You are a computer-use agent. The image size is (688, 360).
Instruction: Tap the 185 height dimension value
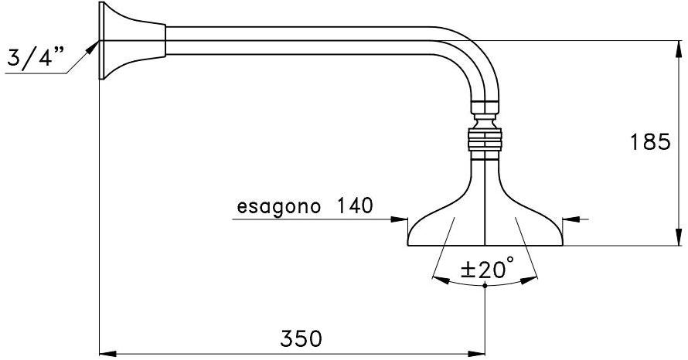(x=649, y=143)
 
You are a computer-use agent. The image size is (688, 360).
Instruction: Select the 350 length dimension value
(x=300, y=339)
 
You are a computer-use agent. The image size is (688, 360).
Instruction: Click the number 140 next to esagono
(x=354, y=206)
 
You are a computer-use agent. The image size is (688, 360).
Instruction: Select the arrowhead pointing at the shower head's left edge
(x=400, y=219)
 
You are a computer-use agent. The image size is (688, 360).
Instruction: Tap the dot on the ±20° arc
(x=485, y=286)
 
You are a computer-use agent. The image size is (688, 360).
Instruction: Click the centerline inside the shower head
(x=485, y=224)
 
